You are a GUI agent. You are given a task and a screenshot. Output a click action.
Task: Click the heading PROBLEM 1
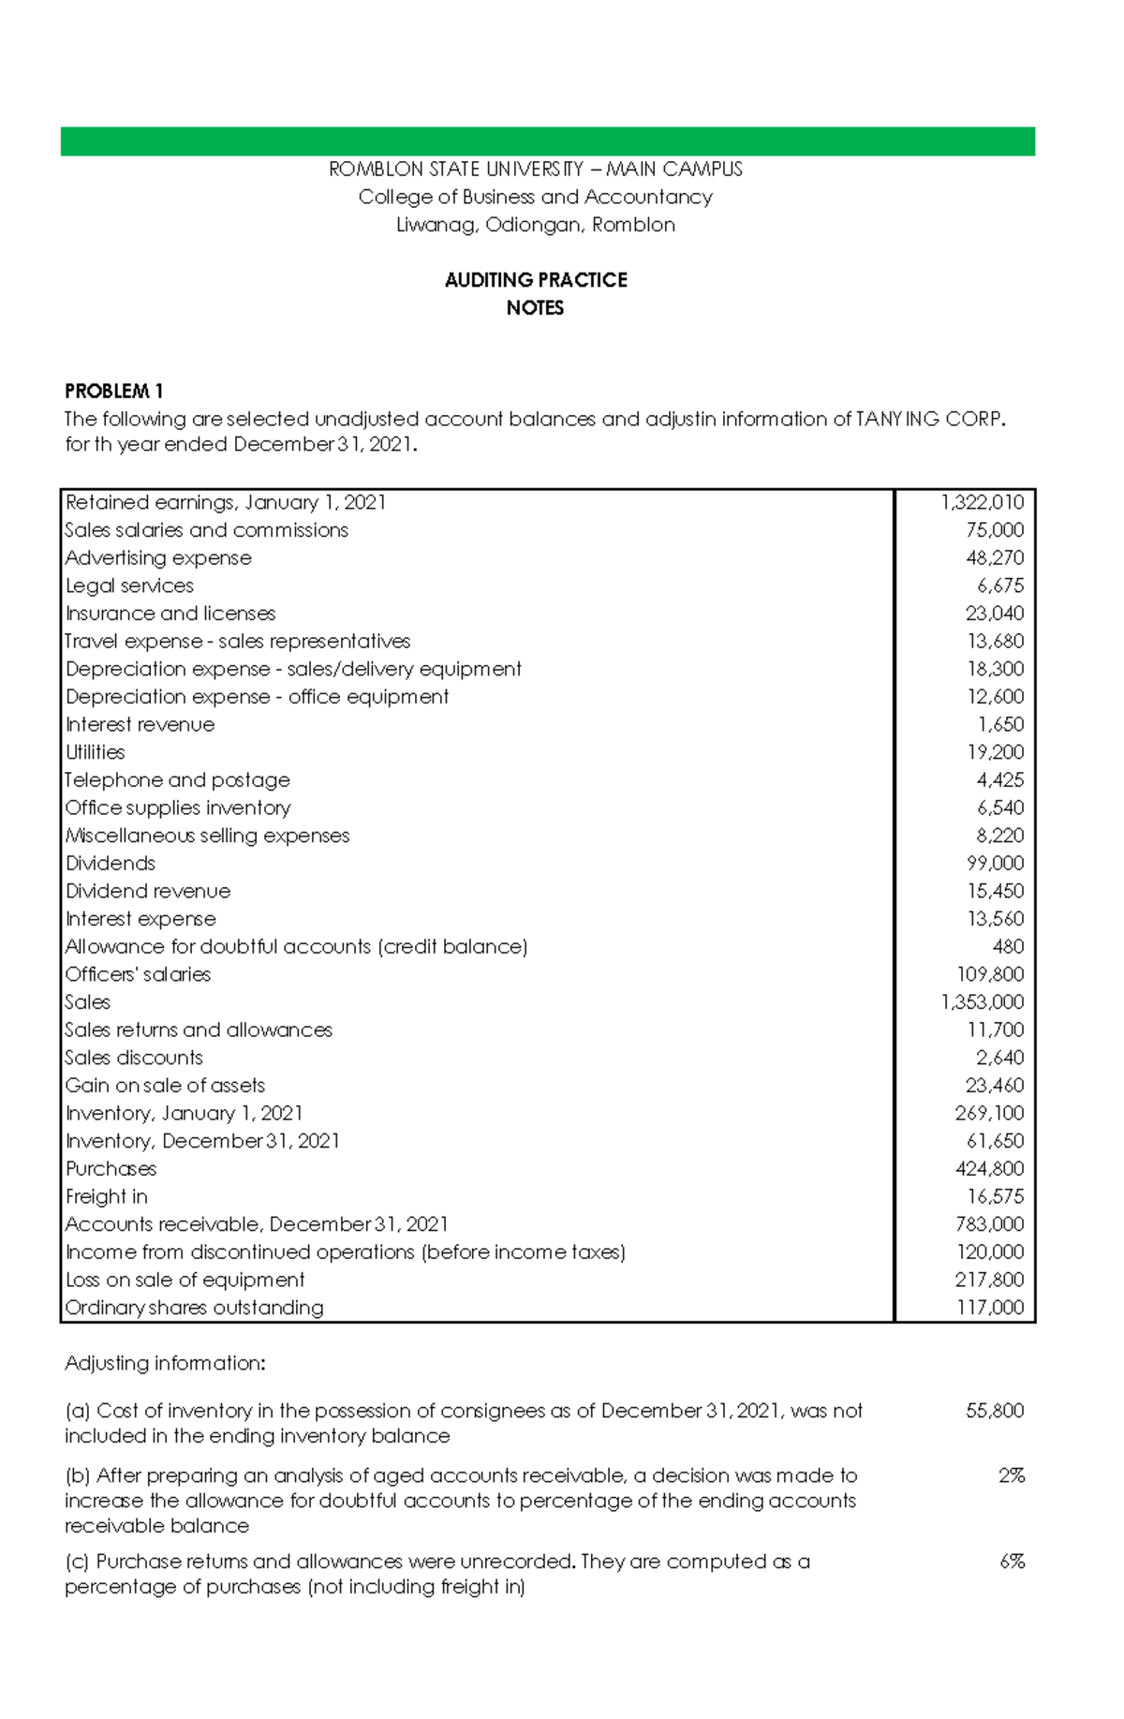pyautogui.click(x=113, y=391)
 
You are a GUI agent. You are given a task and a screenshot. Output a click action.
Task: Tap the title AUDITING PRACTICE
pyautogui.click(x=536, y=280)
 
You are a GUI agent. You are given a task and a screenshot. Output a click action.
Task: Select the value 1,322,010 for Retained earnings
pyautogui.click(x=982, y=502)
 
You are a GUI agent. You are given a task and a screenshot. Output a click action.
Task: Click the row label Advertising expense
pyautogui.click(x=158, y=558)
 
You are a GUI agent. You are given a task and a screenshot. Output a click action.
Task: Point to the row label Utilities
pyautogui.click(x=95, y=752)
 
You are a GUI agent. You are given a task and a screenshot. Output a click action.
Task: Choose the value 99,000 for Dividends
pyautogui.click(x=995, y=863)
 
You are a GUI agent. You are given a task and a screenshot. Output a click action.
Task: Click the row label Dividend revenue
pyautogui.click(x=148, y=891)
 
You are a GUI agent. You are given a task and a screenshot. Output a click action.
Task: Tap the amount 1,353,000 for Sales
pyautogui.click(x=982, y=1002)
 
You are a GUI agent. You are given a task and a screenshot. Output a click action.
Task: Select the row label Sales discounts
pyautogui.click(x=134, y=1058)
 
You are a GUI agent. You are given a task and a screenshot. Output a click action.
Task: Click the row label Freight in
pyautogui.click(x=107, y=1196)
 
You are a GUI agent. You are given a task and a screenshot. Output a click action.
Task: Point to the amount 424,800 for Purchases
pyautogui.click(x=989, y=1169)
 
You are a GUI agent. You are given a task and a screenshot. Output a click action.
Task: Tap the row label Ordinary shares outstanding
pyautogui.click(x=194, y=1308)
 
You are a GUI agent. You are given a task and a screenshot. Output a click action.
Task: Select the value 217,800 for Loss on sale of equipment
pyautogui.click(x=989, y=1280)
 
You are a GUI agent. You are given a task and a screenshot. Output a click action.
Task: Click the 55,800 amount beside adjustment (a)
pyautogui.click(x=994, y=1411)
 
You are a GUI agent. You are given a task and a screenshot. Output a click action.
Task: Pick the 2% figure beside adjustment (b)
pyautogui.click(x=1011, y=1475)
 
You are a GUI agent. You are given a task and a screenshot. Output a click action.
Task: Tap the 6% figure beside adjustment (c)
pyautogui.click(x=1012, y=1562)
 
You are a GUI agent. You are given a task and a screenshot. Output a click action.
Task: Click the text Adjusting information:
pyautogui.click(x=165, y=1363)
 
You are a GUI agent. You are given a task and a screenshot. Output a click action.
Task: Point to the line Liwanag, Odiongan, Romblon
pyautogui.click(x=536, y=225)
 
